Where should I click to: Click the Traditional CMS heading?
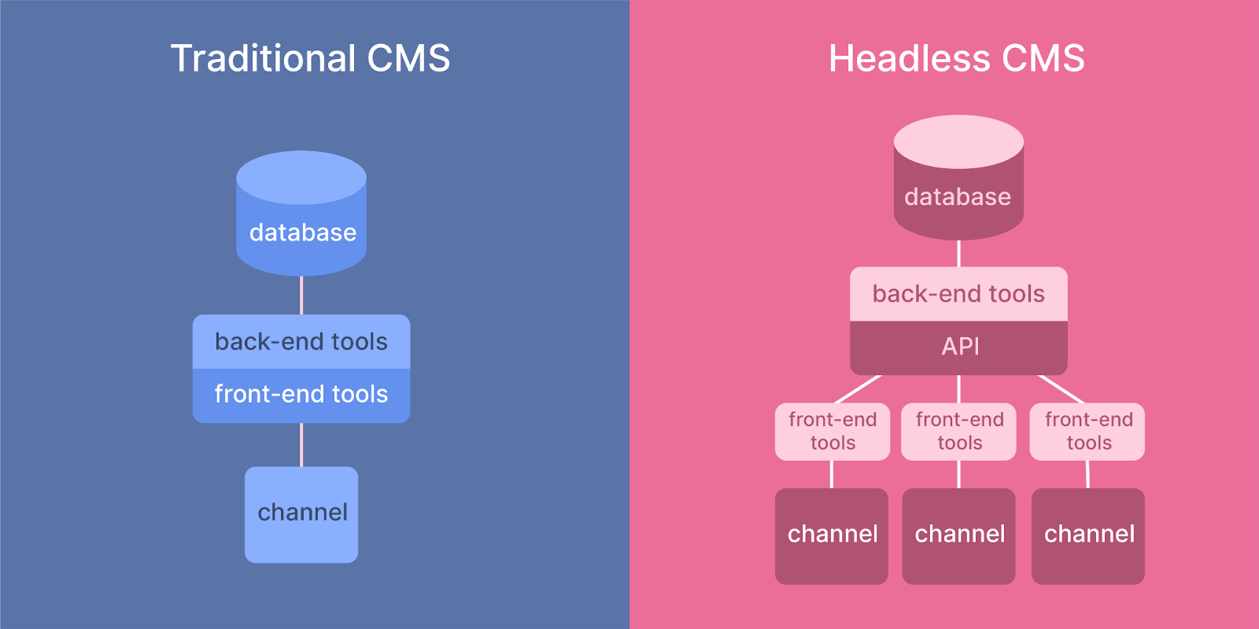pyautogui.click(x=310, y=58)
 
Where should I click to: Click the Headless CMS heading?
pyautogui.click(x=956, y=58)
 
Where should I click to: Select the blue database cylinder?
pyautogui.click(x=301, y=214)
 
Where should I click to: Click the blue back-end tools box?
pyautogui.click(x=301, y=341)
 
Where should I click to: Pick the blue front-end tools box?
pyautogui.click(x=301, y=395)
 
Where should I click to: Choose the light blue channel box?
pyautogui.click(x=301, y=514)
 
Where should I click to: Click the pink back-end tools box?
pyautogui.click(x=958, y=294)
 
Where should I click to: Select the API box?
pyautogui.click(x=958, y=347)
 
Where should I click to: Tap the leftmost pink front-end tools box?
pyautogui.click(x=833, y=432)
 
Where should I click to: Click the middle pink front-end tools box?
pyautogui.click(x=958, y=432)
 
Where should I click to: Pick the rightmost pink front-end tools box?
pyautogui.click(x=1087, y=432)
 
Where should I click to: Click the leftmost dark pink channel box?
pyautogui.click(x=832, y=535)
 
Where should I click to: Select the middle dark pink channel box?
pyautogui.click(x=958, y=535)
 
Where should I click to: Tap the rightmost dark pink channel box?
pyautogui.click(x=1088, y=535)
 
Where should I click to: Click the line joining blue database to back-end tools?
pyautogui.click(x=301, y=296)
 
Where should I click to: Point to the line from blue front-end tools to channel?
pyautogui.click(x=301, y=445)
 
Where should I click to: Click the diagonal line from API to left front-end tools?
pyautogui.click(x=858, y=389)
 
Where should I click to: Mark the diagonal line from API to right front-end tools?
pyautogui.click(x=1061, y=389)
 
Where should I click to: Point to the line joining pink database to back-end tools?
pyautogui.click(x=958, y=253)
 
